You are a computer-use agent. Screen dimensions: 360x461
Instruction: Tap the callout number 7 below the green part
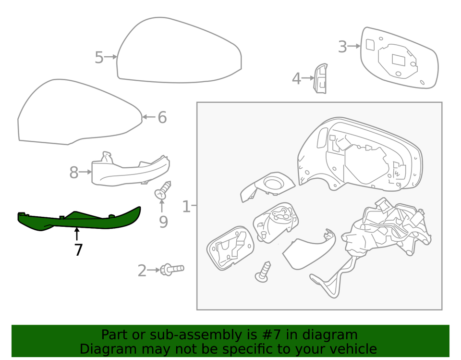78,250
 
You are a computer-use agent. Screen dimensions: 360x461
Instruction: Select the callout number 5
99,58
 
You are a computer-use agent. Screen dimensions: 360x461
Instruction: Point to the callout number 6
162,117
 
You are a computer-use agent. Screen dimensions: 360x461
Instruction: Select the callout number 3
342,47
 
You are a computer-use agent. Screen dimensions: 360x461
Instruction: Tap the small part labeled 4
321,78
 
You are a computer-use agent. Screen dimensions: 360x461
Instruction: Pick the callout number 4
296,79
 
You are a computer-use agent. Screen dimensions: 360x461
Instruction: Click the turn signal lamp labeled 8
130,171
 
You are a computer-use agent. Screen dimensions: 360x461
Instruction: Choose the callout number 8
73,173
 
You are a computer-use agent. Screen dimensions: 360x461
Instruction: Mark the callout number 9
163,222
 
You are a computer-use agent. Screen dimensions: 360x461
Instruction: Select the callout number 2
142,271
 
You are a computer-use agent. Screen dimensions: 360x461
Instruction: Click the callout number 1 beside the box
186,207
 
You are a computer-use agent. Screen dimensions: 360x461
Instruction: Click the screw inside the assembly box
264,272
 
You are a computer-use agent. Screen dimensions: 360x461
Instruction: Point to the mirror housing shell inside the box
360,154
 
